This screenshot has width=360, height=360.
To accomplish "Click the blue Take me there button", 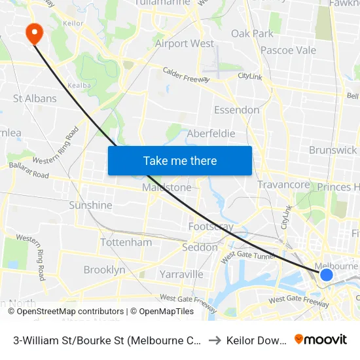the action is (180, 160).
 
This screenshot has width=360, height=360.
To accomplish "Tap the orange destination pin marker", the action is (32, 32).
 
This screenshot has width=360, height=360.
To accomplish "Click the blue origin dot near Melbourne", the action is (327, 274).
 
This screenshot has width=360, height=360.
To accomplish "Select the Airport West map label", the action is (185, 44).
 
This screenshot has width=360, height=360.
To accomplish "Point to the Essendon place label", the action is (237, 110).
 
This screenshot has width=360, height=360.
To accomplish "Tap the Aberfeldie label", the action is (211, 134).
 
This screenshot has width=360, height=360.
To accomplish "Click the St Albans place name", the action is (35, 99).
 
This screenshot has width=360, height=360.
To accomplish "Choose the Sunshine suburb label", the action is (90, 206).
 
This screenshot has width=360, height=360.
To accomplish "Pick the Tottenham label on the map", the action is (126, 242).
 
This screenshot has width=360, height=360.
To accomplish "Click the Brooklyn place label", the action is (104, 270).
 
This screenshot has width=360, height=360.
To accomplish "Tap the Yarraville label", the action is (181, 274).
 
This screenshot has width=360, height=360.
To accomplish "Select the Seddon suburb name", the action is (200, 247).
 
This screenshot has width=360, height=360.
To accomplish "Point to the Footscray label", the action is (211, 226).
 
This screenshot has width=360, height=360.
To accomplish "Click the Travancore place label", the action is (283, 185).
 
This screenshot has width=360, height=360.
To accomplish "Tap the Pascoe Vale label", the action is (288, 50).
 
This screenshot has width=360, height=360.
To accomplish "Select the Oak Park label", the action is (252, 33).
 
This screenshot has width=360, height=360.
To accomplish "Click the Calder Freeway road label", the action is (186, 74).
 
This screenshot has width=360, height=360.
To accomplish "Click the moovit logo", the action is (321, 339).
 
